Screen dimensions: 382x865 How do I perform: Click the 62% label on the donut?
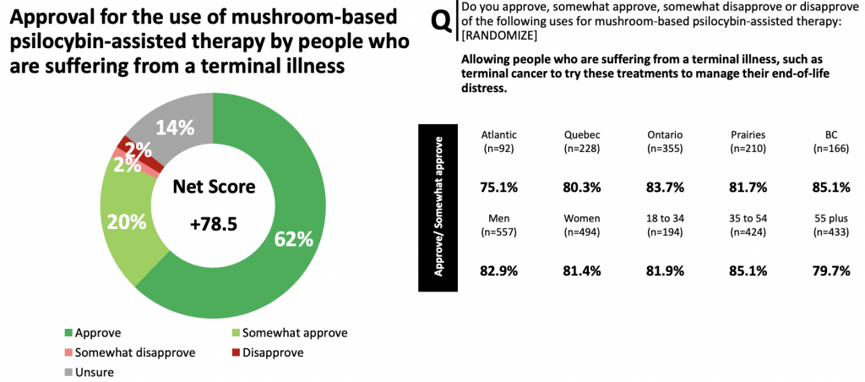pos(293,239)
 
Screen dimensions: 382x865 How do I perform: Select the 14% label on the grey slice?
pos(176,128)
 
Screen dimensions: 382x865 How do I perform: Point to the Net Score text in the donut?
pos(213,186)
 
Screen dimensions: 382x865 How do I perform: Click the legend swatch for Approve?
pos(68,332)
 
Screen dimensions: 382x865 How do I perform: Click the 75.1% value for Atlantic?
pos(498,188)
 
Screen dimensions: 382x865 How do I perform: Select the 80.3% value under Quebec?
pos(582,188)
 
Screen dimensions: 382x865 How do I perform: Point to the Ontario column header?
pos(665,135)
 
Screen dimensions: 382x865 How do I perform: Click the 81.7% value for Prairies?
pos(748,188)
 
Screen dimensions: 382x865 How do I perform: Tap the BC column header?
pos(831,135)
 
